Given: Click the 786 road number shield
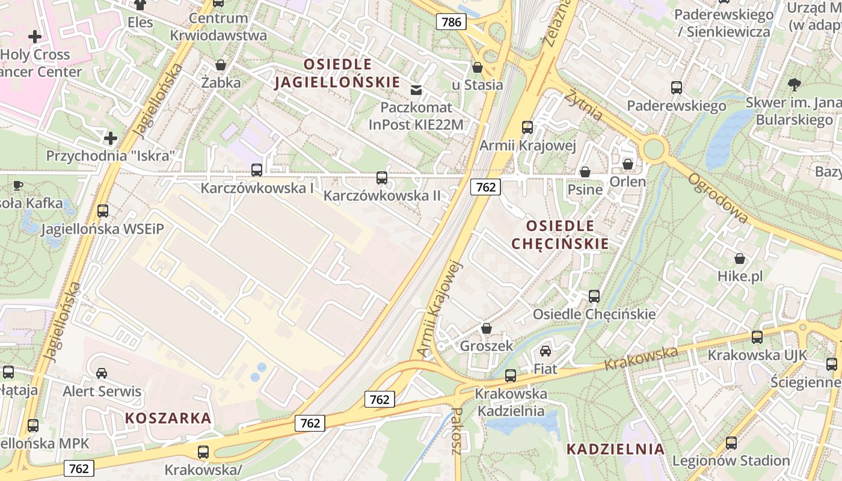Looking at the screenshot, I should [451, 22].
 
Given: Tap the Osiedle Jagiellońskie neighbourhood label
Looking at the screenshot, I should [337, 73].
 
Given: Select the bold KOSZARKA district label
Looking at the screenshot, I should [168, 418].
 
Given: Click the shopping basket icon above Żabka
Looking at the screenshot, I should [221, 65].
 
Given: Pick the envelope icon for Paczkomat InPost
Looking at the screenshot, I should [416, 90].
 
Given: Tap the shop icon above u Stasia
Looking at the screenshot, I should [478, 67].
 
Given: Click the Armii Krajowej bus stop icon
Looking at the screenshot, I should [527, 127].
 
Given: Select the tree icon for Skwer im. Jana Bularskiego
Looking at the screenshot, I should [794, 85].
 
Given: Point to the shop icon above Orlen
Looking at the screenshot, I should [628, 164].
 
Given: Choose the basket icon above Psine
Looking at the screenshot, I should [585, 172].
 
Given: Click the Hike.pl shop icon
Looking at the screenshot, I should [740, 259].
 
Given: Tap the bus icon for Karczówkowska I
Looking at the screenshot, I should [257, 170].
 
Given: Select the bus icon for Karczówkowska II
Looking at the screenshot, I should [382, 177].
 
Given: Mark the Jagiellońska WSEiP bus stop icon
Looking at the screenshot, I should [103, 211].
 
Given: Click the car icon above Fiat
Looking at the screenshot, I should [545, 351].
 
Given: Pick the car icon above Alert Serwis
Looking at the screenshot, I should [102, 373].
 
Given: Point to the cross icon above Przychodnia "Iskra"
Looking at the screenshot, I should [111, 138].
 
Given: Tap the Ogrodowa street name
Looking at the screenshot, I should [718, 198].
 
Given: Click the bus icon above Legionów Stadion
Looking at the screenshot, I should [731, 443].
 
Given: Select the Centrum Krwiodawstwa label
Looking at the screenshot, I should [218, 26].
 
